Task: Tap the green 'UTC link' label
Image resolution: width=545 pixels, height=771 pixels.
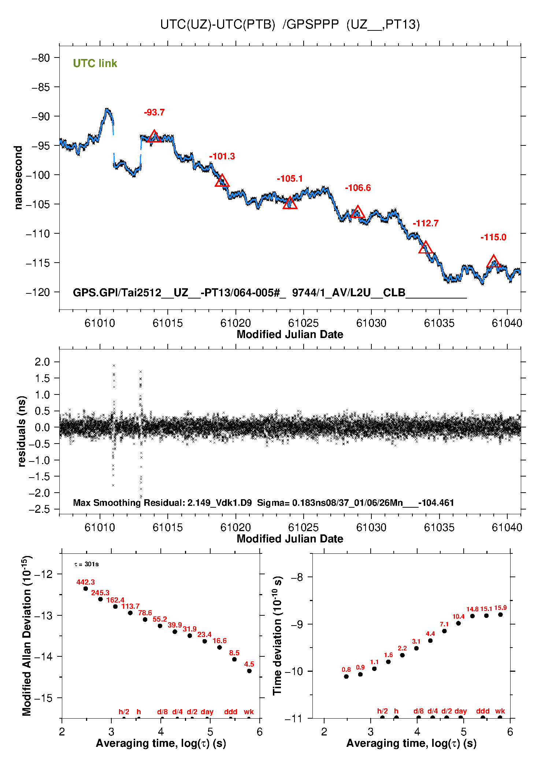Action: pyautogui.click(x=95, y=63)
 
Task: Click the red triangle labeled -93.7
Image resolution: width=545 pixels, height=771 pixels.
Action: pyautogui.click(x=154, y=137)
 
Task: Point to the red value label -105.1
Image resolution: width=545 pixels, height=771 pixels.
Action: pyautogui.click(x=290, y=179)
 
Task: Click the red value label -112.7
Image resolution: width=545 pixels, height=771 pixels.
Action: pyautogui.click(x=425, y=223)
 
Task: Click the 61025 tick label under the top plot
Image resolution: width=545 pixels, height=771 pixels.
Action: pyautogui.click(x=303, y=323)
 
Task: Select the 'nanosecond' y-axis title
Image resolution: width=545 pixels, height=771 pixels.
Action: pyautogui.click(x=18, y=178)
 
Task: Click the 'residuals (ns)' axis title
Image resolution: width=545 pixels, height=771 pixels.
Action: pyautogui.click(x=22, y=431)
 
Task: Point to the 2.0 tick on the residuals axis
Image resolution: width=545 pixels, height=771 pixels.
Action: pyautogui.click(x=42, y=362)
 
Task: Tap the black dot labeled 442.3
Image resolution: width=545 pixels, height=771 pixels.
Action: pyautogui.click(x=86, y=589)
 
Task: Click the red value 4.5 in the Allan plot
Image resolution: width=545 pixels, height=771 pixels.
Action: pyautogui.click(x=249, y=664)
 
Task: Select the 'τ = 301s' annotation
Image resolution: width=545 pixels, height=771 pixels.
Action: pyautogui.click(x=86, y=564)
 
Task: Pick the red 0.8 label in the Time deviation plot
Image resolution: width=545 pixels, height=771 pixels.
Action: pyautogui.click(x=346, y=670)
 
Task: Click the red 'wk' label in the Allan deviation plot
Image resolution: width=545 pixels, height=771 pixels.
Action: pyautogui.click(x=249, y=712)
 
